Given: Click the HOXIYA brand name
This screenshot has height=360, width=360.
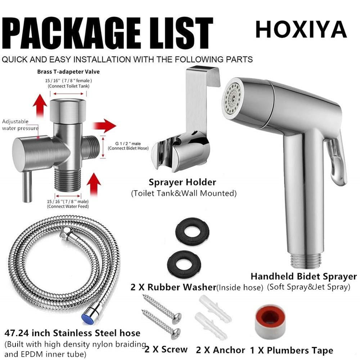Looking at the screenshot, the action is coord(301,29).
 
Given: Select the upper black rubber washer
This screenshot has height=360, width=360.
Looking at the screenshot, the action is coord(192,231).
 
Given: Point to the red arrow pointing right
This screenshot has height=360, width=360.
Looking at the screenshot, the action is coord(104,126).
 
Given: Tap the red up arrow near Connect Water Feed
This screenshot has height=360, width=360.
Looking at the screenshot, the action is coord(94,184).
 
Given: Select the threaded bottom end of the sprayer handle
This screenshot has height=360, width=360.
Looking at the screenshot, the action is coord(306,261).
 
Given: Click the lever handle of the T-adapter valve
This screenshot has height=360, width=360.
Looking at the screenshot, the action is coord(27,186).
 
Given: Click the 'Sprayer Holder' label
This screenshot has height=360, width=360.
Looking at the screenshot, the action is coord(182,182).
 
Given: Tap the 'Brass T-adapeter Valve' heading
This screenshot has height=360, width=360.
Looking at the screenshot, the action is coord(68,72).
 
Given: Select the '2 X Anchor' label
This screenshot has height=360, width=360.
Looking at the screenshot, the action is coord(220,350).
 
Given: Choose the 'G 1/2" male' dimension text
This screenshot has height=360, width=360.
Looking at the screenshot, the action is coord(128,144).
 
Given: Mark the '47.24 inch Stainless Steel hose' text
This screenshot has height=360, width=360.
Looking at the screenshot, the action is coord(72,333).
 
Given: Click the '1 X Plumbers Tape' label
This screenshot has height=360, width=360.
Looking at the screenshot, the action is coord(292,351).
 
